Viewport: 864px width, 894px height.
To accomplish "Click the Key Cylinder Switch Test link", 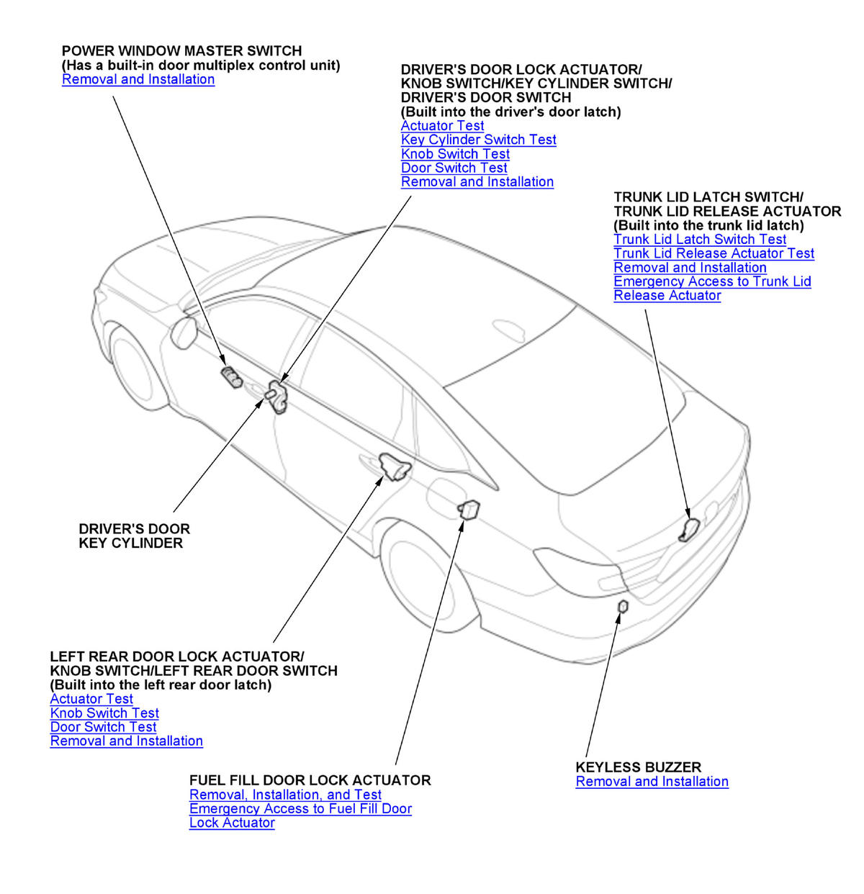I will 478,140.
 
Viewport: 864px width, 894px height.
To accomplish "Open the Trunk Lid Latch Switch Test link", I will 700,239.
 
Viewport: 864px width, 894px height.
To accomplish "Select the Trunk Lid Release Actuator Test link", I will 714,253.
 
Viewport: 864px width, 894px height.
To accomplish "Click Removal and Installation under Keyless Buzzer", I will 652,782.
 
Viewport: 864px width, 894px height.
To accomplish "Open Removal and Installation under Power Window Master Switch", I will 138,79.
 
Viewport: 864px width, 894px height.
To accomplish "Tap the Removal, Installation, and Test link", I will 285,795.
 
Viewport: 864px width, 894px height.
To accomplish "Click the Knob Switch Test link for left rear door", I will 104,713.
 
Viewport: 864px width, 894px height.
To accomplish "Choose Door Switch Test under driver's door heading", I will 454,168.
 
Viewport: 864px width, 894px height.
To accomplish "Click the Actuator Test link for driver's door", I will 442,126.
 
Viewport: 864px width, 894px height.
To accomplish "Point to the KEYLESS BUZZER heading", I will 638,767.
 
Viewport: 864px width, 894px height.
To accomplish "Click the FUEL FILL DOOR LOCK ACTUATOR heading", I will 310,780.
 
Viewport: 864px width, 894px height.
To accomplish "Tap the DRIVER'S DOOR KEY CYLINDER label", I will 134,536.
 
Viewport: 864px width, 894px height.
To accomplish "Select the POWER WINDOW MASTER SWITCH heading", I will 181,51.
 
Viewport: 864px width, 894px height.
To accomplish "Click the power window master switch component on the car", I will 231,376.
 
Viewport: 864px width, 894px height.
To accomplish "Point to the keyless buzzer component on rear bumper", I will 623,607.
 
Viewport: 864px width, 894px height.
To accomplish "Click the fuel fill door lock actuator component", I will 469,508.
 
